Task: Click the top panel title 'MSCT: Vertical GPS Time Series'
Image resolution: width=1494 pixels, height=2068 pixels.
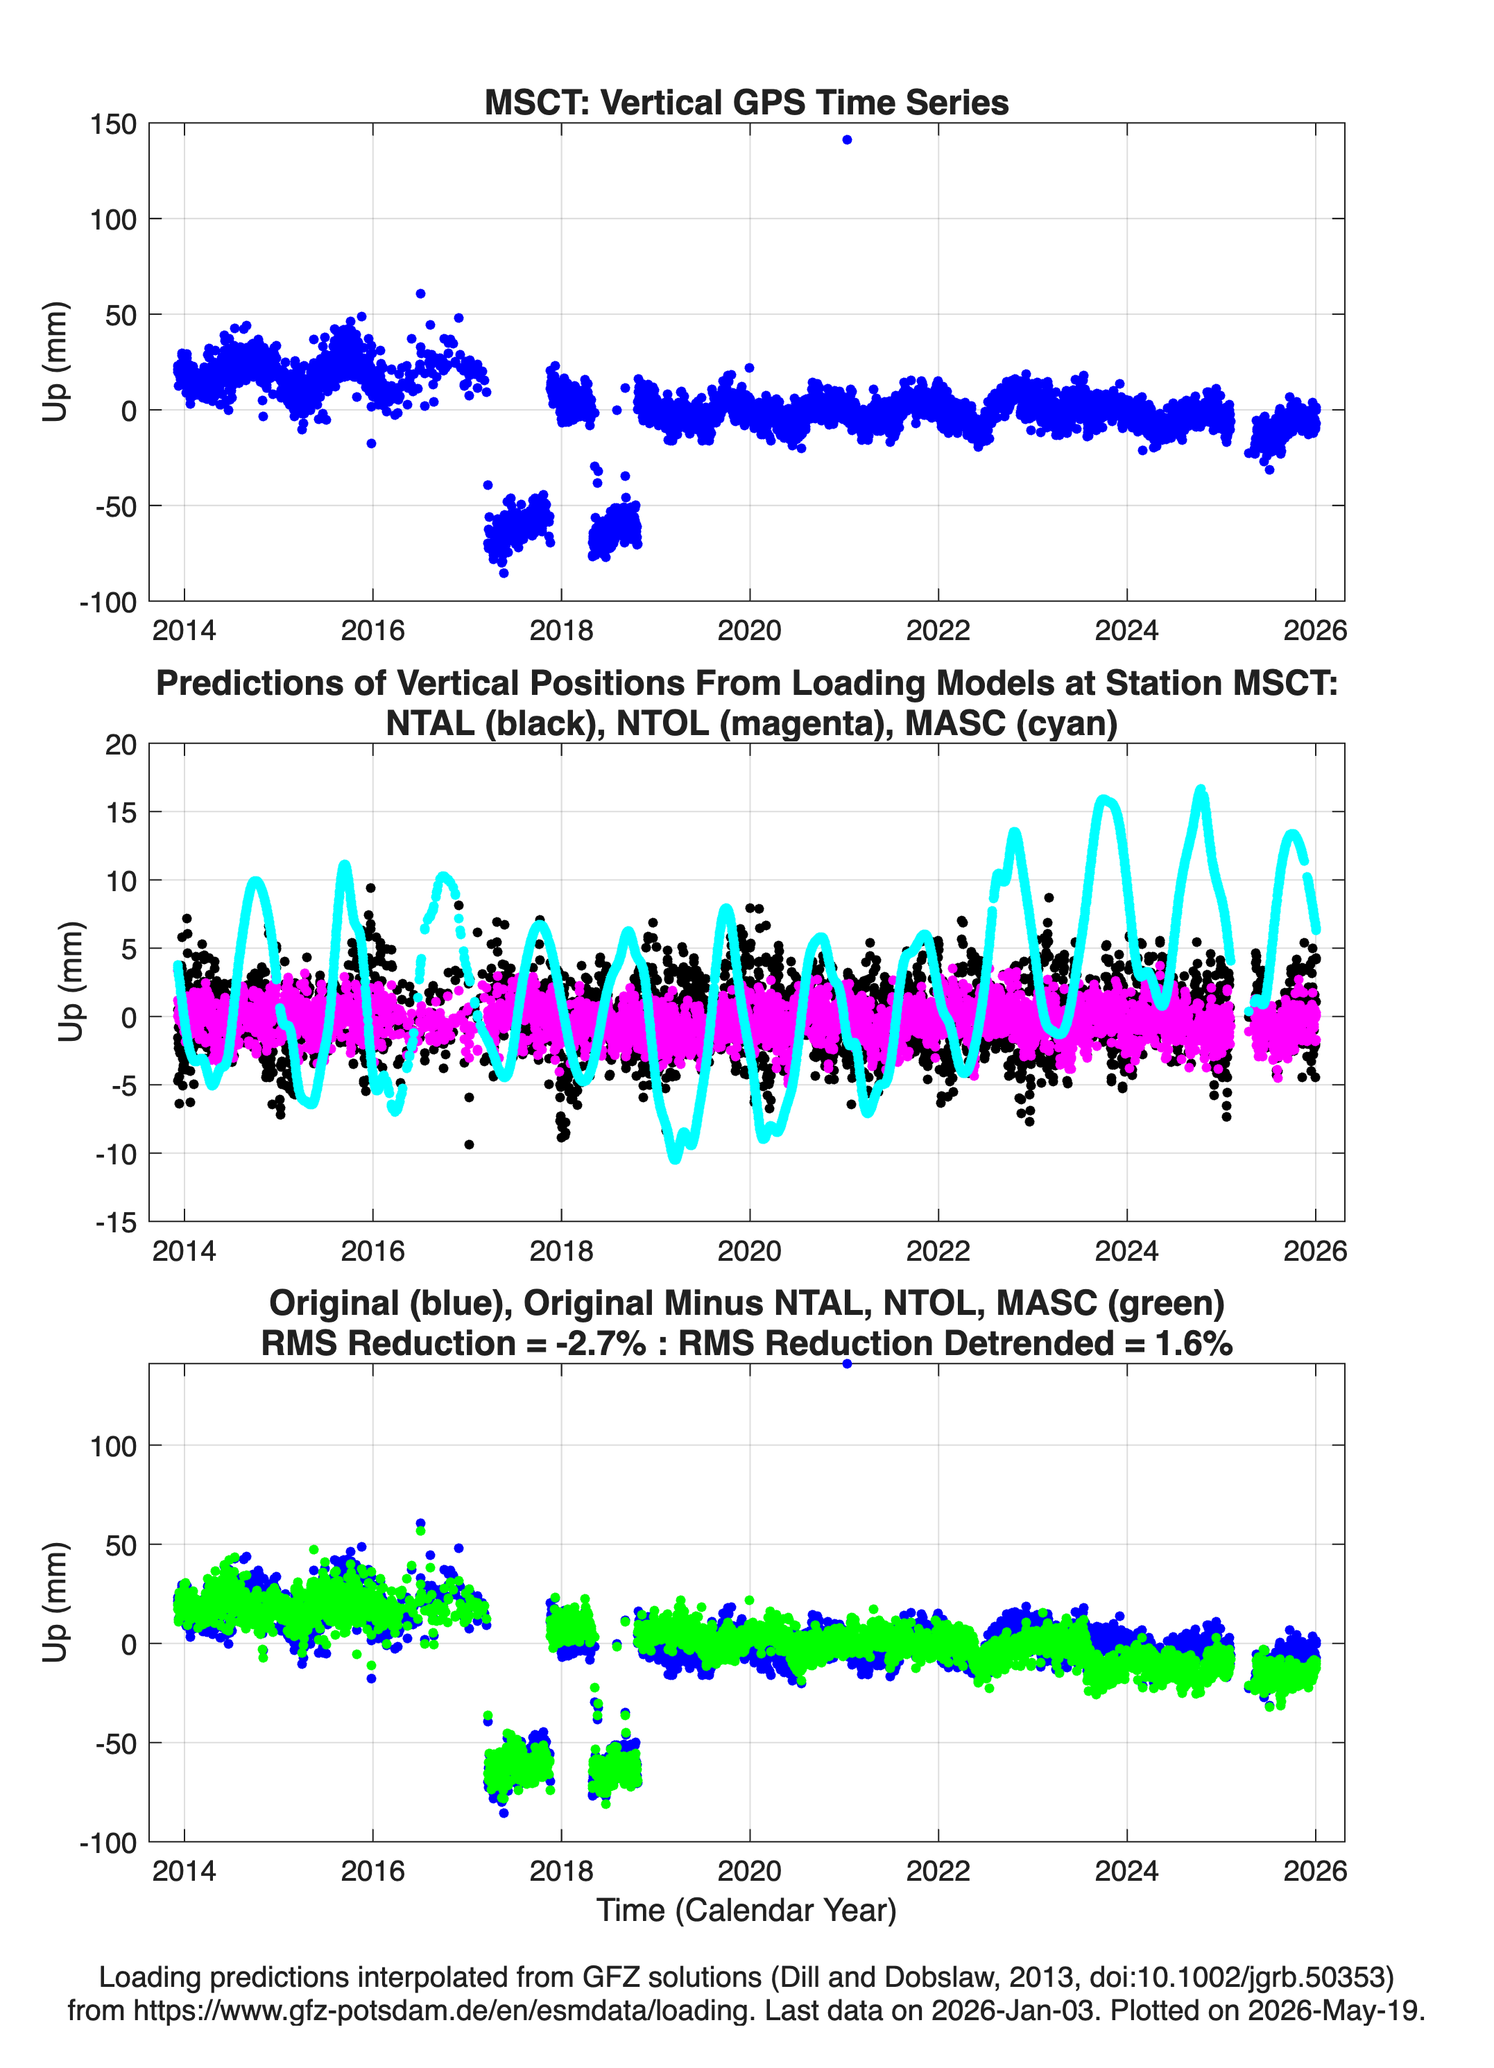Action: pos(746,102)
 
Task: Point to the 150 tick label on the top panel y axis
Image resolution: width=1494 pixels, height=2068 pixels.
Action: pos(113,124)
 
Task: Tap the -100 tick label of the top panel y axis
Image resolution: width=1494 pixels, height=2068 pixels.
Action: pos(108,602)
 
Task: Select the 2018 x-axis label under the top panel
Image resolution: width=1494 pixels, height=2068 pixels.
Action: pos(561,630)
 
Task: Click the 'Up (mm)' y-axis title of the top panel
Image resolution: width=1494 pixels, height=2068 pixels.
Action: pos(55,361)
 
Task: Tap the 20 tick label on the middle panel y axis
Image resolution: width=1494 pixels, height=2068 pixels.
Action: pos(121,744)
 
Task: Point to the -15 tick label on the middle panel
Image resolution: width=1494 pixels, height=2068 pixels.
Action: pos(116,1222)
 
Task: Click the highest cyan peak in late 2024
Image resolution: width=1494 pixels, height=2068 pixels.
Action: pos(1201,790)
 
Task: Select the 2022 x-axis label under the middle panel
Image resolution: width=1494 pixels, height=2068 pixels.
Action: pos(938,1250)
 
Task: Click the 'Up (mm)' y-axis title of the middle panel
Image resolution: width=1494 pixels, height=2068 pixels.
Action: pos(70,981)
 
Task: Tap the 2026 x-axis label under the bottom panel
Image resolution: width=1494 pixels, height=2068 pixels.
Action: pos(1314,1870)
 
